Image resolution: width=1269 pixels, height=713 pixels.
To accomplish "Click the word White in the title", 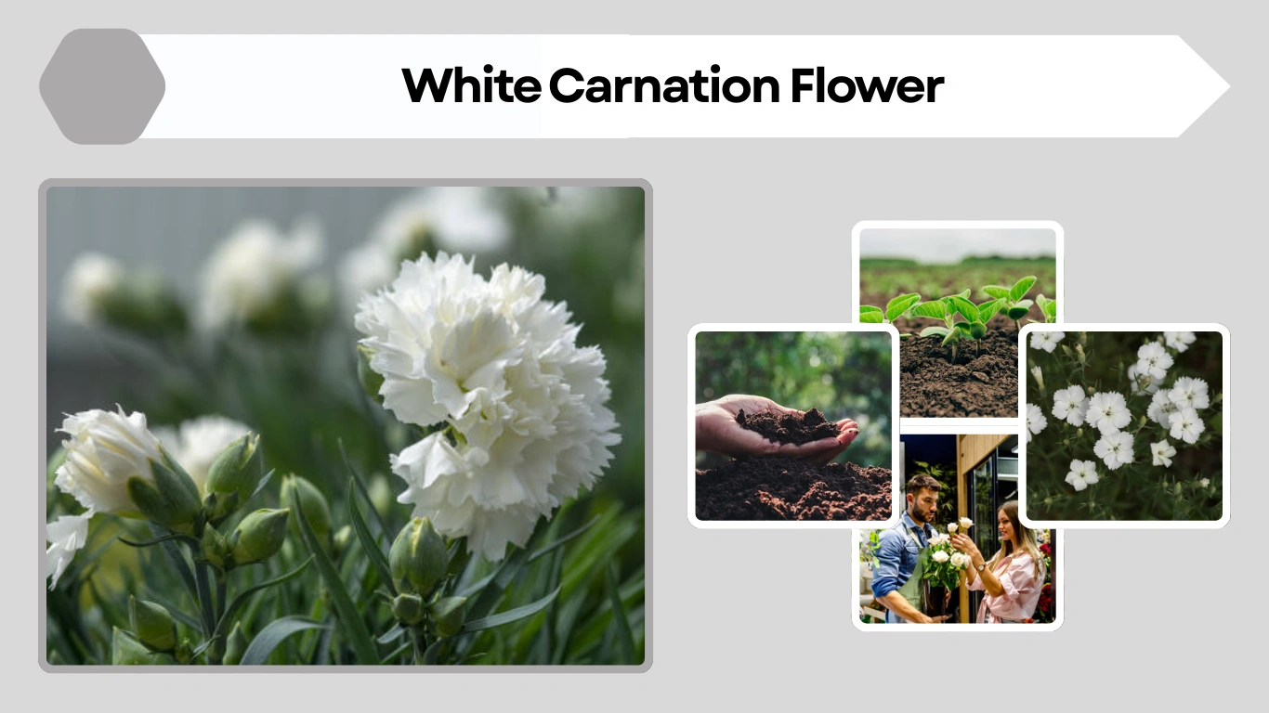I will pyautogui.click(x=471, y=86).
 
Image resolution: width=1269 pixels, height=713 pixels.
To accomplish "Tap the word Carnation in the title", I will pyautogui.click(x=663, y=86).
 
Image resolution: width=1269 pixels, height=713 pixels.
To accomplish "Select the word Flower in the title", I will pyautogui.click(x=867, y=86).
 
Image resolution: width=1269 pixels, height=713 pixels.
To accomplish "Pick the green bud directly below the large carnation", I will pyautogui.click(x=418, y=557).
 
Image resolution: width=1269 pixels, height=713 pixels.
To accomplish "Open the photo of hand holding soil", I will pyautogui.click(x=792, y=425).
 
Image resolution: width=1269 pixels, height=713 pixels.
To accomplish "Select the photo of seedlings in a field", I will pyautogui.click(x=957, y=320).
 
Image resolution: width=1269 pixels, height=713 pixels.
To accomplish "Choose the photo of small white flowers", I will pyautogui.click(x=1124, y=424).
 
